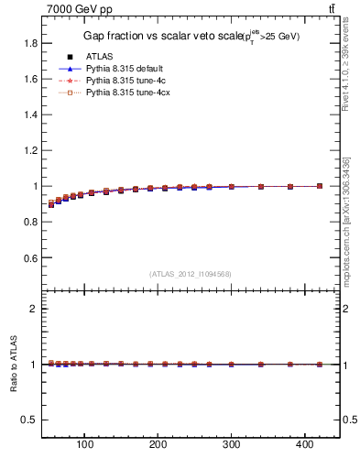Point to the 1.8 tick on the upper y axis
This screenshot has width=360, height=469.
pyautogui.click(x=30, y=43)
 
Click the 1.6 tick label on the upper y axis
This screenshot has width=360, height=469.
pyautogui.click(x=30, y=79)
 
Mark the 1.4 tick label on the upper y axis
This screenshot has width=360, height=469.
pyautogui.click(x=30, y=115)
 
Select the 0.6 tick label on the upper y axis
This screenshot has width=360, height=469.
pyautogui.click(x=30, y=257)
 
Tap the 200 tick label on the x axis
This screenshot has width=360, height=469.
pyautogui.click(x=158, y=446)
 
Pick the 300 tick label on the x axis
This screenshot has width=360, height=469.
pyautogui.click(x=231, y=446)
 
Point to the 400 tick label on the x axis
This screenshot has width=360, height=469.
pyautogui.click(x=304, y=446)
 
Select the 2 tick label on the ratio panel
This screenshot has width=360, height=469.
pyautogui.click(x=33, y=309)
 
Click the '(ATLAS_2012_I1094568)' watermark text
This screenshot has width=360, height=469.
pyautogui.click(x=191, y=273)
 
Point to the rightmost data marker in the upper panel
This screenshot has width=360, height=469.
pyautogui.click(x=319, y=186)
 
